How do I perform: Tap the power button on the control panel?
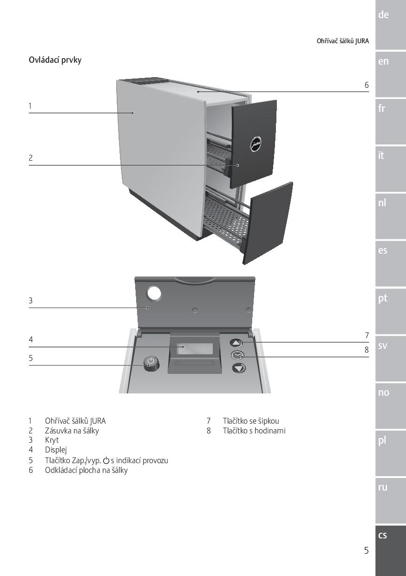click(x=151, y=363)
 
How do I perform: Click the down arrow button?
click(x=239, y=368)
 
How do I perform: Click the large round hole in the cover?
click(x=154, y=293)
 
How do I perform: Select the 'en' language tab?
click(x=383, y=61)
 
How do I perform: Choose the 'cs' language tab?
click(x=382, y=535)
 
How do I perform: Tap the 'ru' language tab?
click(x=382, y=487)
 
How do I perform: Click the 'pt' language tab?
click(x=382, y=298)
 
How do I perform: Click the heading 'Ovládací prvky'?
click(x=55, y=60)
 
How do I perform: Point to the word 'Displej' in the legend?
click(x=56, y=450)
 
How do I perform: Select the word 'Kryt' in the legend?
click(x=52, y=440)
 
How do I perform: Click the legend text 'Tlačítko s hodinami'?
click(x=254, y=431)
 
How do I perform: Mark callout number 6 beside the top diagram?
click(x=367, y=85)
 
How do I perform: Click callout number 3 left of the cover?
click(x=31, y=301)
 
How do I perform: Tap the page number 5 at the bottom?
click(x=366, y=551)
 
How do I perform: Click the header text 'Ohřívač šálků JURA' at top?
click(x=343, y=41)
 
